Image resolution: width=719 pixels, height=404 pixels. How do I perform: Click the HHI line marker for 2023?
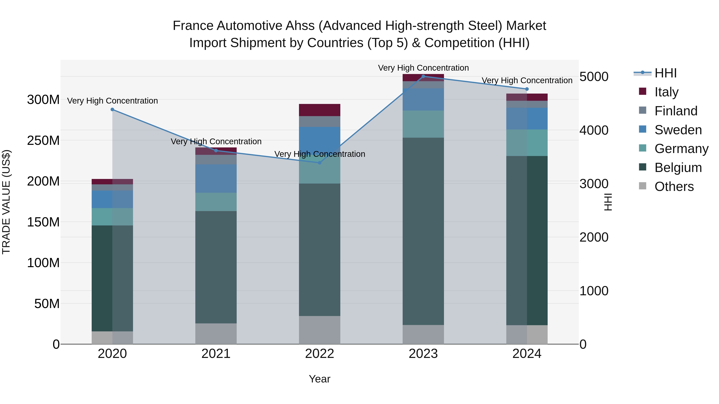coord(423,76)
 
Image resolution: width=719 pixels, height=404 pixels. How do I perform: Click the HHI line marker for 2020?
coord(112,110)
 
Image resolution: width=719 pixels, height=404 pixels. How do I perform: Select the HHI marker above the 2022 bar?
coord(320,163)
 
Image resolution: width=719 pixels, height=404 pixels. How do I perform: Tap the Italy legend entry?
coord(666,92)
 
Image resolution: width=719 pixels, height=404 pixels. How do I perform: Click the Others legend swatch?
coord(643,186)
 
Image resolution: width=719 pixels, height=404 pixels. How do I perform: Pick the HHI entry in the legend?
coord(665,73)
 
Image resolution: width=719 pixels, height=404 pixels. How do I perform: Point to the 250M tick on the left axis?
coord(43,140)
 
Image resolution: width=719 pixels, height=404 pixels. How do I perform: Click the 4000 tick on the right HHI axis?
coord(594,130)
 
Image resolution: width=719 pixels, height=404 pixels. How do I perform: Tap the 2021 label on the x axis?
coord(216,354)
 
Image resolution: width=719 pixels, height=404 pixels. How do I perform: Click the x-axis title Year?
coord(320,379)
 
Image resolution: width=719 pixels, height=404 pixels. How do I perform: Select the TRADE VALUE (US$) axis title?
coord(6,202)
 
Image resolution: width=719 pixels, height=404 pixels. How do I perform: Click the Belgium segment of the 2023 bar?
coord(423,231)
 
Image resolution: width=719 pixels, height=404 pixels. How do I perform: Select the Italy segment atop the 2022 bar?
coord(320,110)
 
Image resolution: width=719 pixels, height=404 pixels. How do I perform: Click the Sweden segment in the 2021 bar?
coord(216,178)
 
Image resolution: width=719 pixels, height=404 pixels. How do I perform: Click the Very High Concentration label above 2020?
coord(112,101)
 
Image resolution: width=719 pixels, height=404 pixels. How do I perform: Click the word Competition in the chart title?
coord(459,43)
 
